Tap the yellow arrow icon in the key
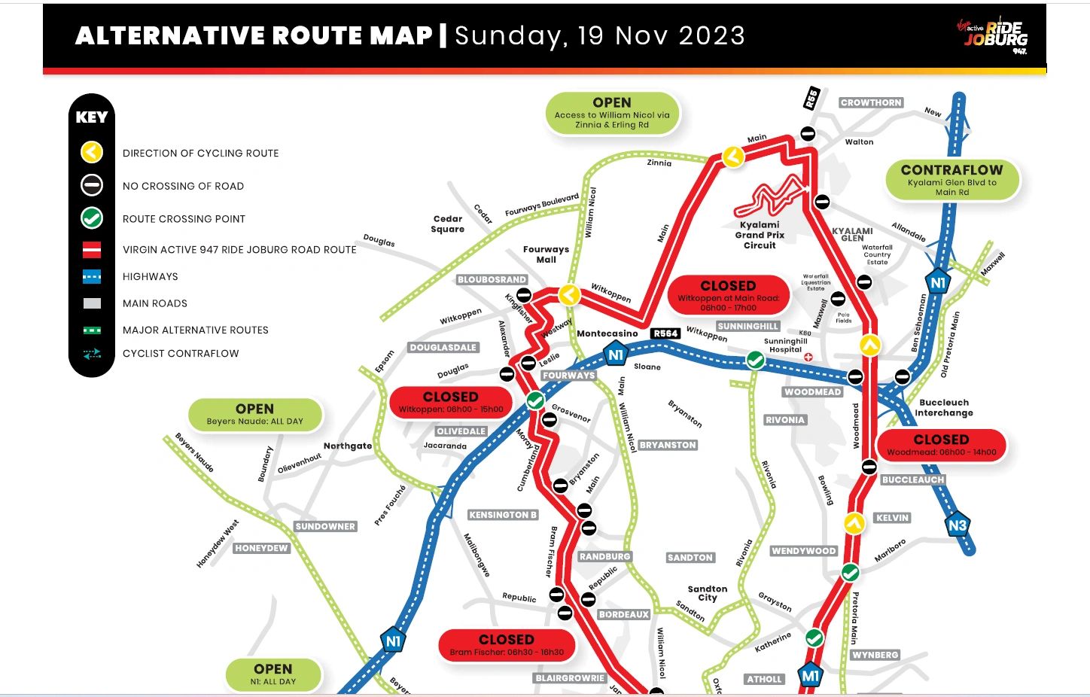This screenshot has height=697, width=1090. click(x=92, y=153)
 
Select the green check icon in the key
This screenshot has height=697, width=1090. click(x=92, y=218)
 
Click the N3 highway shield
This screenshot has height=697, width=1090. click(x=957, y=525)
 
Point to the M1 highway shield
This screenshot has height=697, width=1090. click(x=810, y=676)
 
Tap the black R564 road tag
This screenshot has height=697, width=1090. click(x=665, y=333)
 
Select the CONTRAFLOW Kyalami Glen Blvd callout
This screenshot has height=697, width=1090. click(x=951, y=179)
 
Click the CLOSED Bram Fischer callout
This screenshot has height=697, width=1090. click(x=507, y=644)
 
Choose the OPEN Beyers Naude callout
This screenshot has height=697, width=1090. click(x=254, y=414)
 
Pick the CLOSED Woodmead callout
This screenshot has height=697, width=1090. click(x=941, y=445)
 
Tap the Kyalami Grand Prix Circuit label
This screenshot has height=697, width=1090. click(x=760, y=235)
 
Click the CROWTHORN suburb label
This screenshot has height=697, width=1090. click(x=871, y=102)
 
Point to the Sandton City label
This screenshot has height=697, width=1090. click(x=708, y=593)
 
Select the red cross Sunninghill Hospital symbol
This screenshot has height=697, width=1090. click(x=808, y=356)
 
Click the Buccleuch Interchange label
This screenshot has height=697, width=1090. click(x=944, y=407)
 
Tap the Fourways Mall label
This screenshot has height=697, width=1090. click(x=546, y=254)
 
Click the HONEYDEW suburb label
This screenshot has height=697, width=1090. click(x=261, y=548)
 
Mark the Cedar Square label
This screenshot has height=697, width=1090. click(x=448, y=224)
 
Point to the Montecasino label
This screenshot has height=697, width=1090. click(x=607, y=333)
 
